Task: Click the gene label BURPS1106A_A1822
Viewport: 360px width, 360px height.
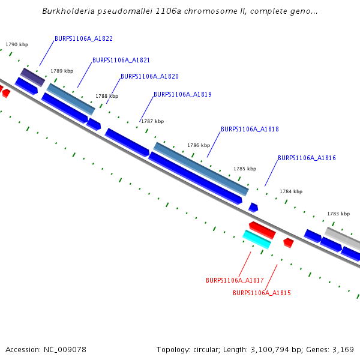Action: coord(83,38)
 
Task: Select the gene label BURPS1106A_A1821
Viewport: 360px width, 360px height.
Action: coord(121,60)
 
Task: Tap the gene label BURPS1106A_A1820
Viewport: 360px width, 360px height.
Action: coord(149,76)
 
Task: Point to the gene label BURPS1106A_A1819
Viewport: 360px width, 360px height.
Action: coord(182,94)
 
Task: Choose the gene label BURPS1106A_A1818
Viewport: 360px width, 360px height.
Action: coord(250,129)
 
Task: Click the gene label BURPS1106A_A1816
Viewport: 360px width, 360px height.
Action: coord(307,158)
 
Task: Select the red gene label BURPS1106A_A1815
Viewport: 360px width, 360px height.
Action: coord(262,293)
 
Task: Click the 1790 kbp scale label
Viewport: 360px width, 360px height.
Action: coord(17,44)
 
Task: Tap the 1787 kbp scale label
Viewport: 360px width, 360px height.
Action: coord(152,121)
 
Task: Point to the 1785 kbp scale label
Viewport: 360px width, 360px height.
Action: coord(245,169)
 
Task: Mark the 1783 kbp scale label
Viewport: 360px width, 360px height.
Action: coord(338,214)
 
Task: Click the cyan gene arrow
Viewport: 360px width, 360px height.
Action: coord(257,239)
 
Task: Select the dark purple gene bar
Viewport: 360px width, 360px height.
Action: coord(32,77)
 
